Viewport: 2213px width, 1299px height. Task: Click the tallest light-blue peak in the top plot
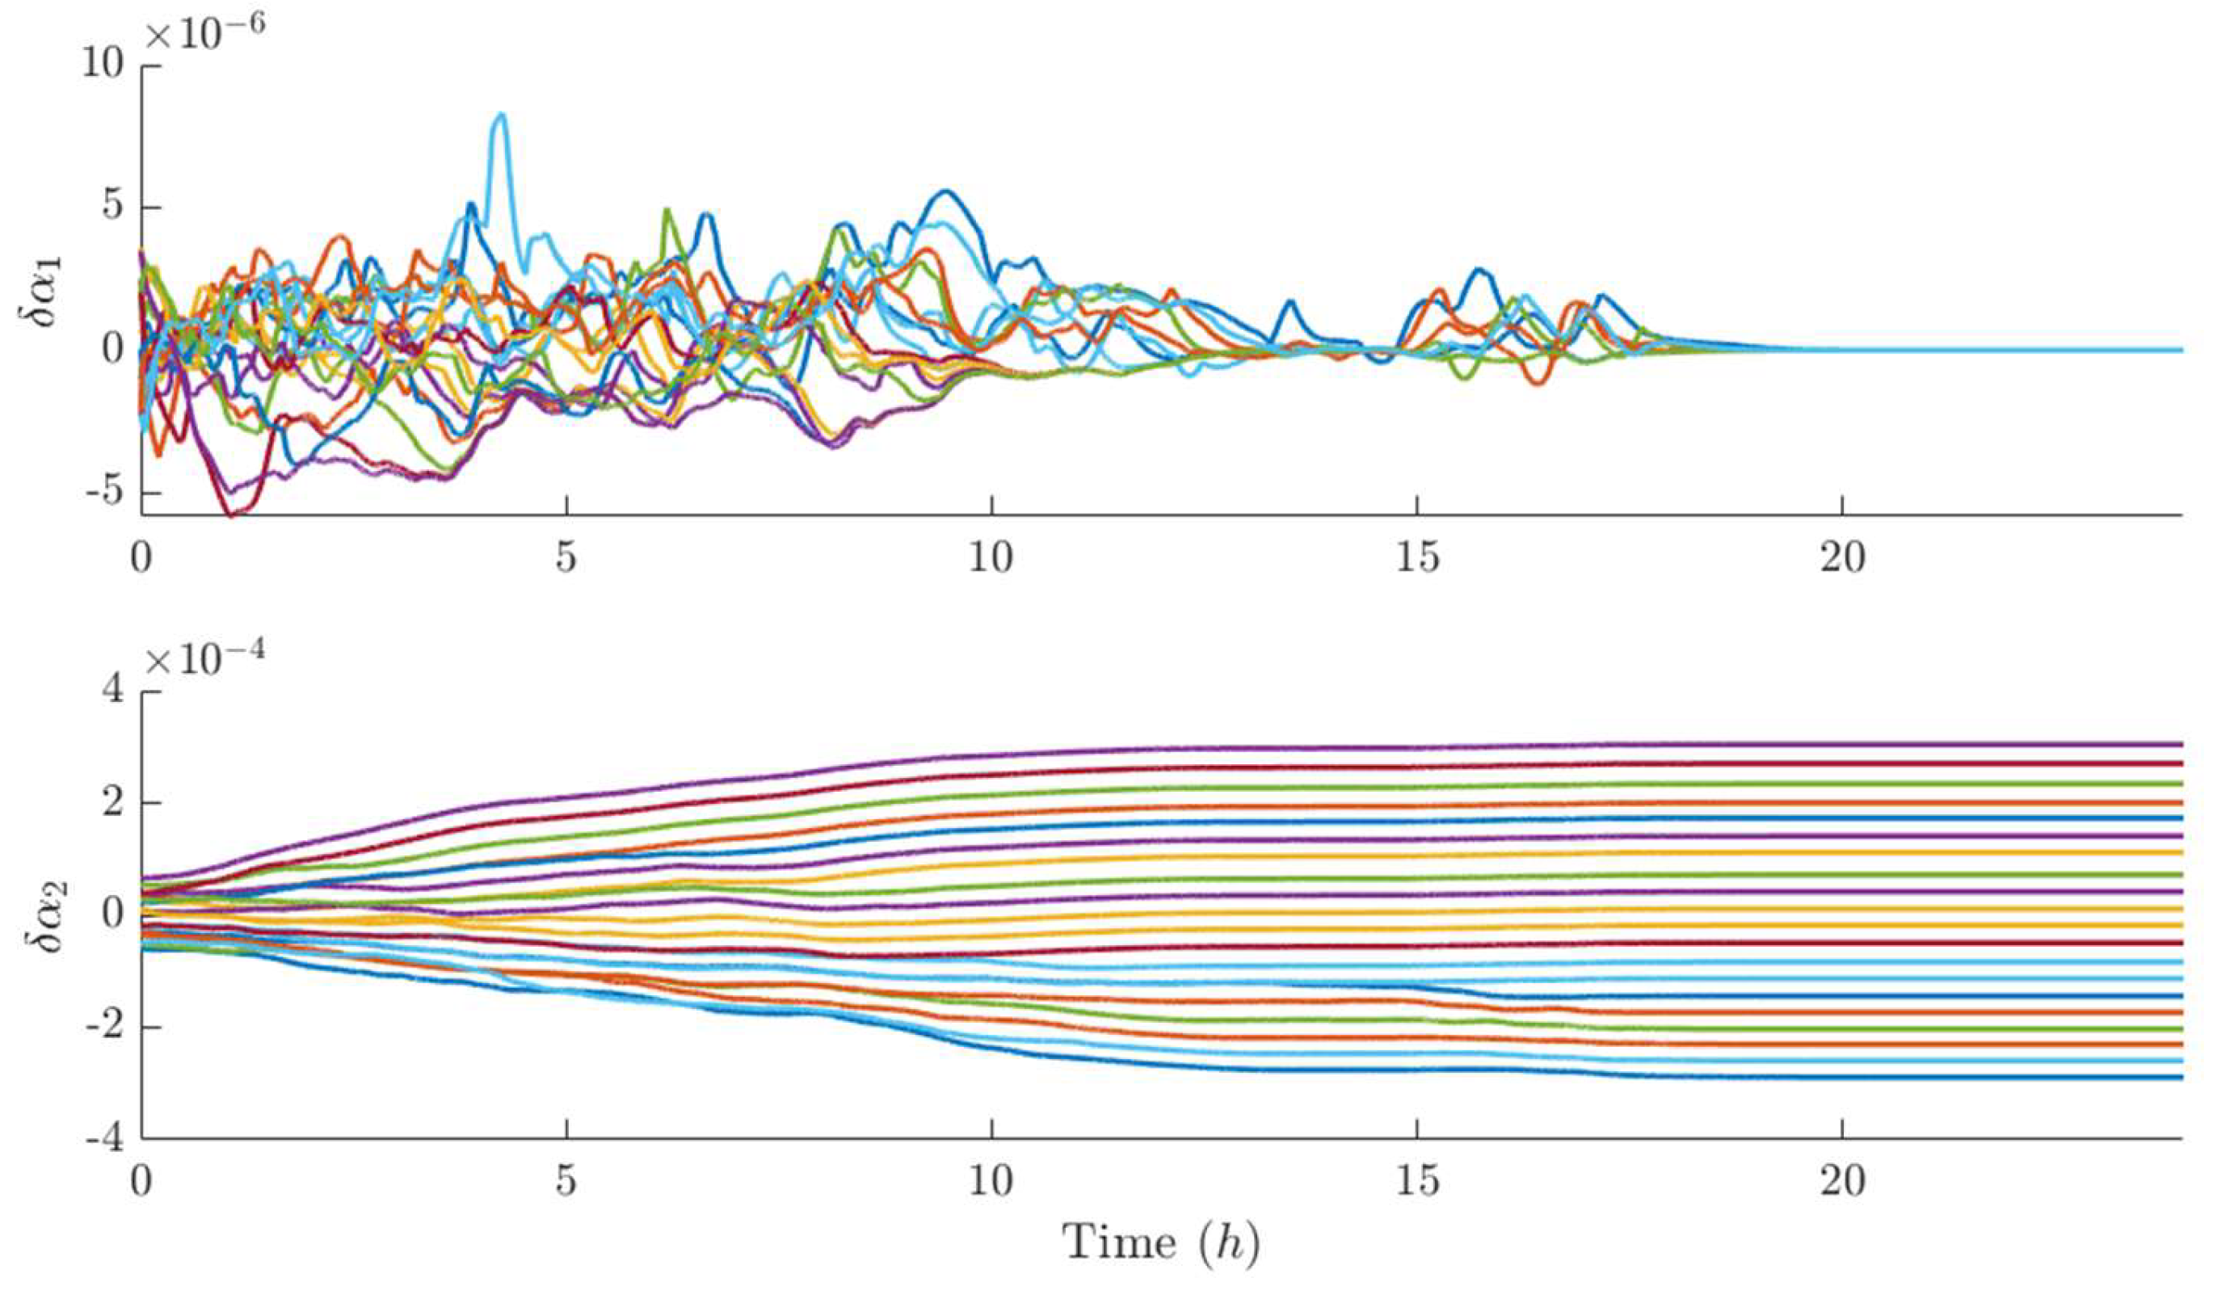(501, 115)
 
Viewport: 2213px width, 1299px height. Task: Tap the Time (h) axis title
(1161, 1242)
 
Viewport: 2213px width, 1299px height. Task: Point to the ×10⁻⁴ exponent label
(204, 658)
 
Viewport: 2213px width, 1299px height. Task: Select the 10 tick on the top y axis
(103, 66)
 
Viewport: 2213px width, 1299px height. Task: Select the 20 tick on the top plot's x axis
(1841, 557)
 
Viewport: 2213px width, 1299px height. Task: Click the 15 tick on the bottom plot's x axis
(1416, 1181)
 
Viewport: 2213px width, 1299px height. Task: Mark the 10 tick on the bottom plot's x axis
(991, 1181)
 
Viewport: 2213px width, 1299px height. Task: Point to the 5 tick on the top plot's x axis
(566, 557)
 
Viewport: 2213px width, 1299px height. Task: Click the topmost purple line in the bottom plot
(1580, 746)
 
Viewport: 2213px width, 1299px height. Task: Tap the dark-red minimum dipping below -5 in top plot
(230, 514)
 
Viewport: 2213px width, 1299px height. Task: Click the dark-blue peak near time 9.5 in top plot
(945, 191)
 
